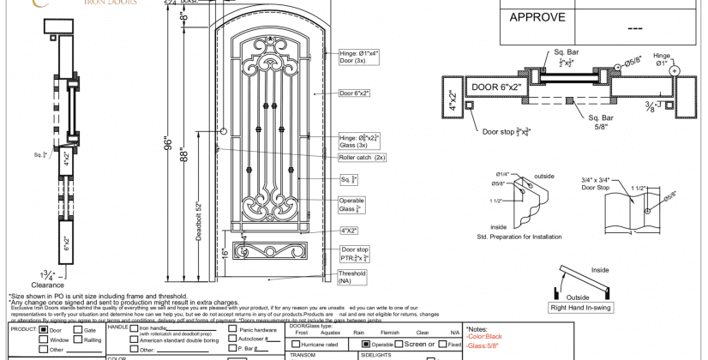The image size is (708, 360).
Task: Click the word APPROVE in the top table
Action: click(537, 17)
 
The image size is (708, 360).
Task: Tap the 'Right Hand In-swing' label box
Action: click(579, 307)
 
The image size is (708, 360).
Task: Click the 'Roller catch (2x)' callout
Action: click(363, 158)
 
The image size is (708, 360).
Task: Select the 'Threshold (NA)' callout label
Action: click(352, 277)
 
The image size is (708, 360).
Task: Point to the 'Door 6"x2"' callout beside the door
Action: click(354, 93)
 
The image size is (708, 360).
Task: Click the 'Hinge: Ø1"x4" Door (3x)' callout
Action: click(358, 57)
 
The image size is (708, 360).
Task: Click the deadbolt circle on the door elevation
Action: click(224, 131)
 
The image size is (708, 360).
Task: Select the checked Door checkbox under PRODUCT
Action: click(44, 329)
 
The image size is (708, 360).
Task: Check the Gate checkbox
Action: click(78, 329)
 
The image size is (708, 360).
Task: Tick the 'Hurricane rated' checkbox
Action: click(294, 344)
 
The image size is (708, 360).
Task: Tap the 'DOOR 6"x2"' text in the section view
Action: click(501, 87)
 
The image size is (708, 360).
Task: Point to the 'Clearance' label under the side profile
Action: click(48, 285)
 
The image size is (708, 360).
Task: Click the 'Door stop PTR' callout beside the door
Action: click(354, 254)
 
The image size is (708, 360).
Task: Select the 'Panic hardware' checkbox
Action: click(233, 329)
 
